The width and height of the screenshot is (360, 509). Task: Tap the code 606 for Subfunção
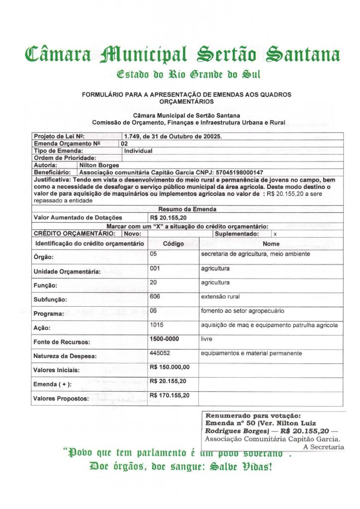click(x=156, y=297)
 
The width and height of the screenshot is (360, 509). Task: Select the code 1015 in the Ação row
click(x=157, y=325)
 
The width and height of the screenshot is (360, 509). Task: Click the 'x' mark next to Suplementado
click(x=275, y=234)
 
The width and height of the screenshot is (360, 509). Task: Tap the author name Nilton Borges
click(x=99, y=165)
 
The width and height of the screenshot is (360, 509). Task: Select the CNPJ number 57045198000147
click(x=236, y=172)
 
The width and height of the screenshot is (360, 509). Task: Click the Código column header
click(x=174, y=244)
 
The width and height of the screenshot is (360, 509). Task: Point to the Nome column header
click(x=271, y=244)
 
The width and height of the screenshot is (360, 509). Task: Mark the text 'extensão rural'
click(x=220, y=297)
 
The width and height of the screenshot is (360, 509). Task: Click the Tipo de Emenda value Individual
click(x=138, y=151)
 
